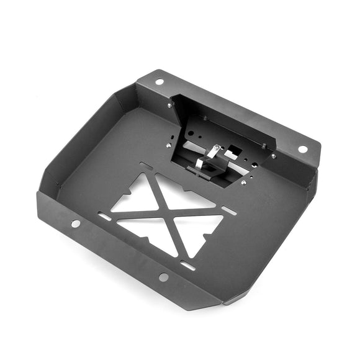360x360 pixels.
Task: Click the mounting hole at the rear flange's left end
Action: coord(159,81)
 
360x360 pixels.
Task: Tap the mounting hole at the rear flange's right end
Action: coord(302,149)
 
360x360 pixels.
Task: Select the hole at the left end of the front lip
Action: coord(75,223)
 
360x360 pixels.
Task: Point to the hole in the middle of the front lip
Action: coord(163,277)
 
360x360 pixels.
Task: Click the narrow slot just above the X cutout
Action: coord(147,166)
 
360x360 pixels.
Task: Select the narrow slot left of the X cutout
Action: coord(105,217)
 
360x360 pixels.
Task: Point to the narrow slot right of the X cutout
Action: coord(228,210)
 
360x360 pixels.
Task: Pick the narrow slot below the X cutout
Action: coord(187,266)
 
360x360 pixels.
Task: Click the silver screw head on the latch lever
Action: coord(216,148)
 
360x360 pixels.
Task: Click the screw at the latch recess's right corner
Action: coord(274,156)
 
